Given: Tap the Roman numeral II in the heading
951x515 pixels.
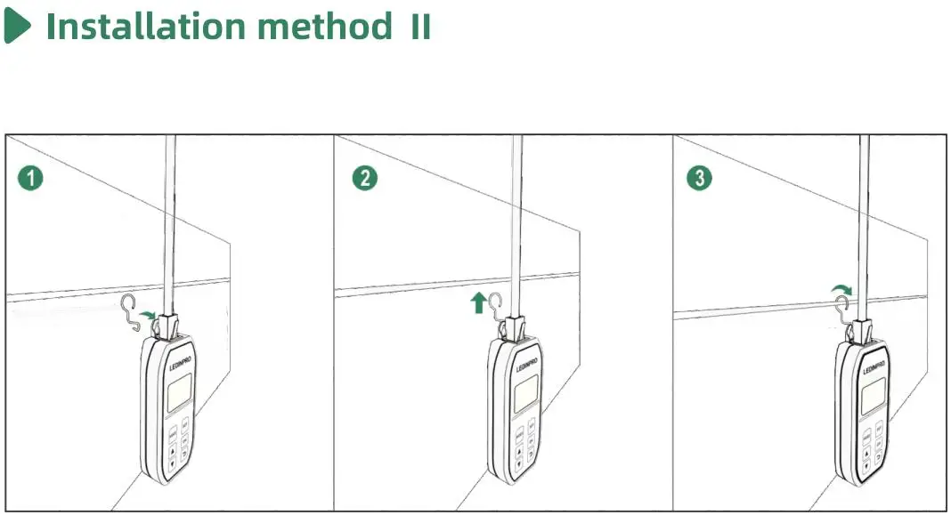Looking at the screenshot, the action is [x=420, y=27].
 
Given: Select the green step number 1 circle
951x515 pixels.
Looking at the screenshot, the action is [x=30, y=178].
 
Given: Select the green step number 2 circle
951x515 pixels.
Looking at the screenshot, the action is [x=365, y=178].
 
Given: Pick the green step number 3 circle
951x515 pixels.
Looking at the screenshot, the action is [x=700, y=178].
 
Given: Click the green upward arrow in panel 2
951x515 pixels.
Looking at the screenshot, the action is [x=478, y=303].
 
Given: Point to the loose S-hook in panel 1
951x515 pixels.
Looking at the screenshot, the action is [x=132, y=311].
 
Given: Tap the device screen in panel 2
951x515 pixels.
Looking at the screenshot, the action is [x=524, y=392].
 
